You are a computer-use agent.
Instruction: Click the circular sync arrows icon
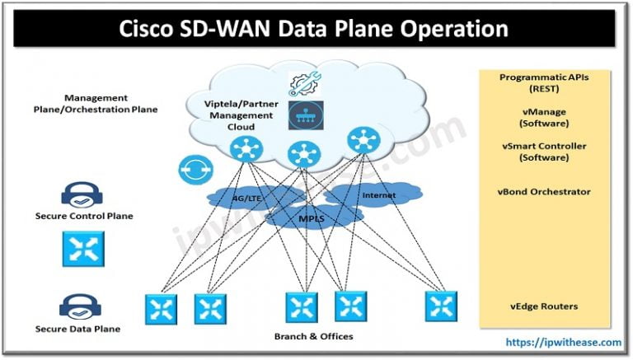click(x=191, y=169)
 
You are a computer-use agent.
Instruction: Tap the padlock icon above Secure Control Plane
click(x=82, y=195)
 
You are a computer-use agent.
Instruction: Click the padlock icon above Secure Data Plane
click(x=81, y=308)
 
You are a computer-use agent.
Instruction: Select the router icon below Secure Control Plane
click(x=82, y=249)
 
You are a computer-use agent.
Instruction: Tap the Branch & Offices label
click(x=314, y=337)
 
